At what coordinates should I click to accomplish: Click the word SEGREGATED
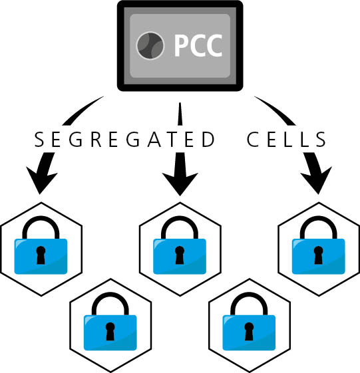point(124,139)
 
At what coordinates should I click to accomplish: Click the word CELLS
point(286,139)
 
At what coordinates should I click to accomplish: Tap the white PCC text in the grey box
point(198,45)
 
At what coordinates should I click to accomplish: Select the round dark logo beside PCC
point(150,45)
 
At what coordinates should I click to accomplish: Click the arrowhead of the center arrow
point(180,183)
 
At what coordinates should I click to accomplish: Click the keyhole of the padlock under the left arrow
point(41,255)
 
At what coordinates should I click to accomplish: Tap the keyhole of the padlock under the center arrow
point(180,255)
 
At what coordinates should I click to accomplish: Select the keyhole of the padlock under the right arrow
point(318,255)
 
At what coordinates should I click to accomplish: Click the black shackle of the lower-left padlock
point(110,295)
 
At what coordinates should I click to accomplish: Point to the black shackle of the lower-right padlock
point(249,295)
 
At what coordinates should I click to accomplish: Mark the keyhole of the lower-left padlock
point(110,331)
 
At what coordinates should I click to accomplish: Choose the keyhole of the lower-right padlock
point(249,331)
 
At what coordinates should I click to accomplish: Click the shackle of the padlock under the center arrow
point(180,219)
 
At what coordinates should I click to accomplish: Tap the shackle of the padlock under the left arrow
point(41,219)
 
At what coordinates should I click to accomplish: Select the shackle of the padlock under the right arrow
point(318,219)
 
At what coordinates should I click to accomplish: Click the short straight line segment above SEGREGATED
point(180,114)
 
